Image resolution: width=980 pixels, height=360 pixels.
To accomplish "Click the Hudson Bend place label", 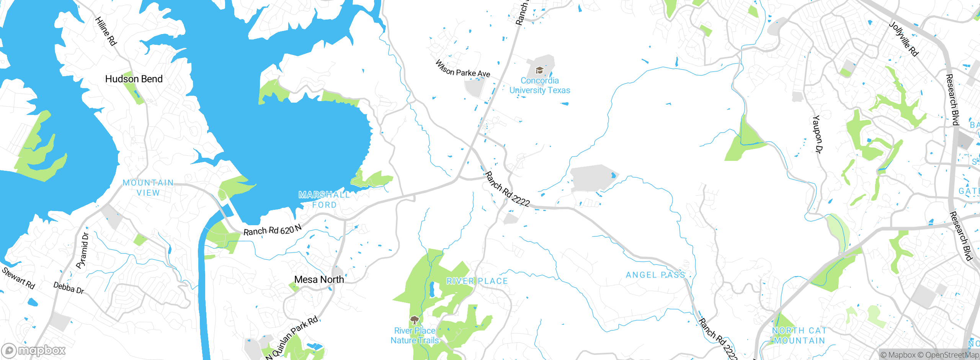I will [134, 79].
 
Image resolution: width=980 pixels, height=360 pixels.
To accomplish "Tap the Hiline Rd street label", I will [106, 31].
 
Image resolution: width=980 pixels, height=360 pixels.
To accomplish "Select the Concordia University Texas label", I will [539, 85].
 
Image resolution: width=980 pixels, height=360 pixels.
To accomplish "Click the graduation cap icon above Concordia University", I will [539, 70].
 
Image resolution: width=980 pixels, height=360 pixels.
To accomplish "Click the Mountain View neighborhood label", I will [148, 188].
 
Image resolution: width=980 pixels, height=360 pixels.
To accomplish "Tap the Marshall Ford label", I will [324, 200].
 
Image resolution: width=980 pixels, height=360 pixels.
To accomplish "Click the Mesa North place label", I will [319, 280].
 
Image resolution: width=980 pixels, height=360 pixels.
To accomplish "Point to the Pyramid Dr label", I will [83, 250].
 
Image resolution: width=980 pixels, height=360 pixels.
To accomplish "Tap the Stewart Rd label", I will [18, 278].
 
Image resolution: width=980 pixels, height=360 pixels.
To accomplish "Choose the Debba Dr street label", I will [69, 288].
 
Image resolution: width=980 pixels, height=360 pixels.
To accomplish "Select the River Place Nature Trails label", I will [415, 335].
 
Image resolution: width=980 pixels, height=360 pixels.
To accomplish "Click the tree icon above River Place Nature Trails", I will [414, 320].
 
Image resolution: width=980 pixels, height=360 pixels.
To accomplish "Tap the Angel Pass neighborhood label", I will [655, 275].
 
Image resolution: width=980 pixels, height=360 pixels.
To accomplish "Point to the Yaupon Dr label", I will [817, 134].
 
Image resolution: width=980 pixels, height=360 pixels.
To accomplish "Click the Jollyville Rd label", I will [903, 39].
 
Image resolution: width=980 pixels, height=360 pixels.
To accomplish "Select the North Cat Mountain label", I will [799, 335].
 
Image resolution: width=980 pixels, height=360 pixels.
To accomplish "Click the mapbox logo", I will [34, 350].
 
